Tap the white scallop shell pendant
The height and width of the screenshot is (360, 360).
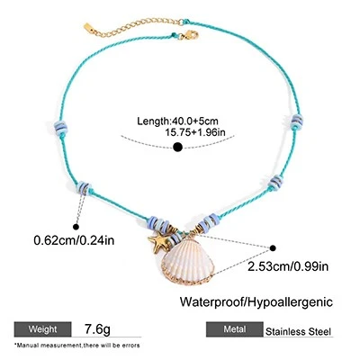point(188,260)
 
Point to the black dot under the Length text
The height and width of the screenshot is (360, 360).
point(178,147)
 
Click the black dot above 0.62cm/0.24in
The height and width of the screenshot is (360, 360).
point(76,227)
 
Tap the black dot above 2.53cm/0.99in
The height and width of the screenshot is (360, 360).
point(273,247)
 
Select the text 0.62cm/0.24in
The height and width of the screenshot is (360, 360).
point(74,240)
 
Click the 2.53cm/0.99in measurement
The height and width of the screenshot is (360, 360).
point(288,266)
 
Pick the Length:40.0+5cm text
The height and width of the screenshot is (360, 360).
point(177,121)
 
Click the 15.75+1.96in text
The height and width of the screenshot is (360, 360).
point(195,132)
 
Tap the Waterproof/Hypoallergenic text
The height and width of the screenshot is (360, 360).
point(256,301)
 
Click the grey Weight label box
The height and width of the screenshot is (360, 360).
point(42,329)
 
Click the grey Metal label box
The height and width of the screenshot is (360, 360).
point(235,329)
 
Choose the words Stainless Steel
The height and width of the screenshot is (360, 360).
point(298,331)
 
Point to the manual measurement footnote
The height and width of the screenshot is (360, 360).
point(76,346)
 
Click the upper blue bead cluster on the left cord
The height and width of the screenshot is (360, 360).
point(61,129)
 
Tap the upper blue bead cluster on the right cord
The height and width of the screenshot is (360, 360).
point(297,121)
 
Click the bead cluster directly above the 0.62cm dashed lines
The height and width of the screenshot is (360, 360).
point(84,188)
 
